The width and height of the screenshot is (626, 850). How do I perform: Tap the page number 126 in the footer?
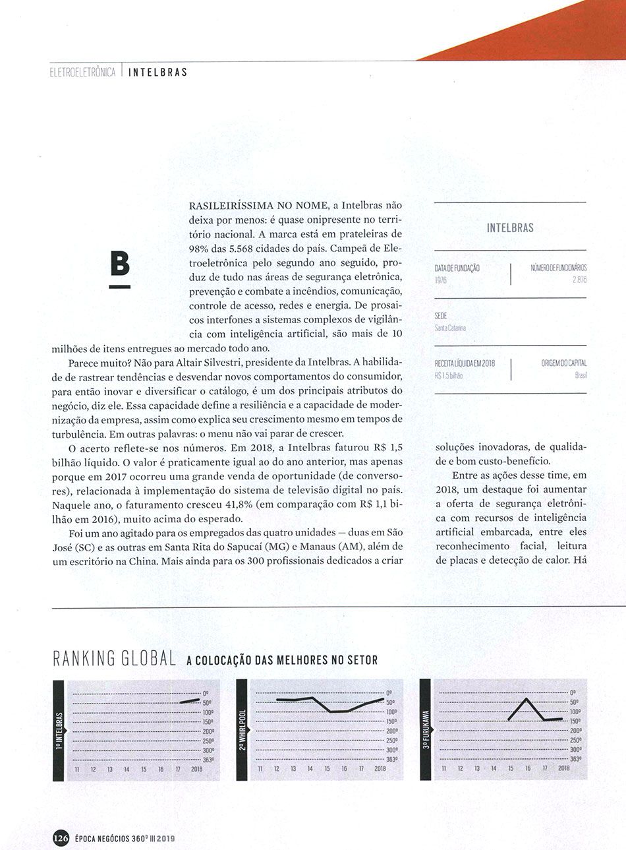click(x=61, y=838)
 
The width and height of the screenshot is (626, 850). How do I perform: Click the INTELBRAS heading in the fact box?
click(x=510, y=228)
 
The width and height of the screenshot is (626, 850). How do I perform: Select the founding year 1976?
click(x=441, y=280)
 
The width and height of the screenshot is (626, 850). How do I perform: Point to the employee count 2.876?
click(x=579, y=280)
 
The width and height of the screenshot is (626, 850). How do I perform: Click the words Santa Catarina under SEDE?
click(x=451, y=328)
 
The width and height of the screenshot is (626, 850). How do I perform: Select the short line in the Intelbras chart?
click(x=190, y=701)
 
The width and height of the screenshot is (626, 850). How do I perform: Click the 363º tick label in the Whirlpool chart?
click(x=391, y=760)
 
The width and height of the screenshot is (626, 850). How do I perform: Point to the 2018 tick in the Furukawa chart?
click(x=564, y=769)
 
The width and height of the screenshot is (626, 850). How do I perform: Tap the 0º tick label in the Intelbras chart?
click(x=206, y=693)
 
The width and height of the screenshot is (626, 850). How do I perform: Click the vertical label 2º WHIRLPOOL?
click(x=242, y=730)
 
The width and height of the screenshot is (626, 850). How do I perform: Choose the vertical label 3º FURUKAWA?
click(x=426, y=730)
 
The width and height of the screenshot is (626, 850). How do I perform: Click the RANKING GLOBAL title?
click(x=113, y=658)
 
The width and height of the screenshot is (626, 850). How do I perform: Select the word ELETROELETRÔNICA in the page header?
click(x=83, y=72)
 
